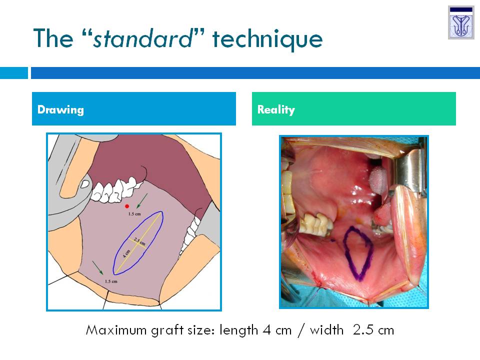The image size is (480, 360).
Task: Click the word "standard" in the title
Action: (143, 38)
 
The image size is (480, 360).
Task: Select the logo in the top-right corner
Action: (461, 22)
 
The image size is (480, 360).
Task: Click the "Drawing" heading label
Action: (60, 109)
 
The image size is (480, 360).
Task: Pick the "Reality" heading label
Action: (276, 109)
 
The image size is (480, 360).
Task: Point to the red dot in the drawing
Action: (127, 206)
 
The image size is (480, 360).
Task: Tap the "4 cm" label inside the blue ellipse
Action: (126, 254)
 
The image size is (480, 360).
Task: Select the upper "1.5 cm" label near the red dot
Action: (134, 214)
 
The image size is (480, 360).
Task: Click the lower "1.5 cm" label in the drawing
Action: (111, 281)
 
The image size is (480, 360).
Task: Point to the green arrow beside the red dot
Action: (142, 200)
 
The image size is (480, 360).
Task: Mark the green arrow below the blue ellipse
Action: (98, 268)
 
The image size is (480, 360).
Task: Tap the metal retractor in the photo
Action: (410, 171)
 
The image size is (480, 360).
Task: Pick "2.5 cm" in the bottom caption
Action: (373, 330)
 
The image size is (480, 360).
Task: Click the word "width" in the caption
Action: (326, 330)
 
